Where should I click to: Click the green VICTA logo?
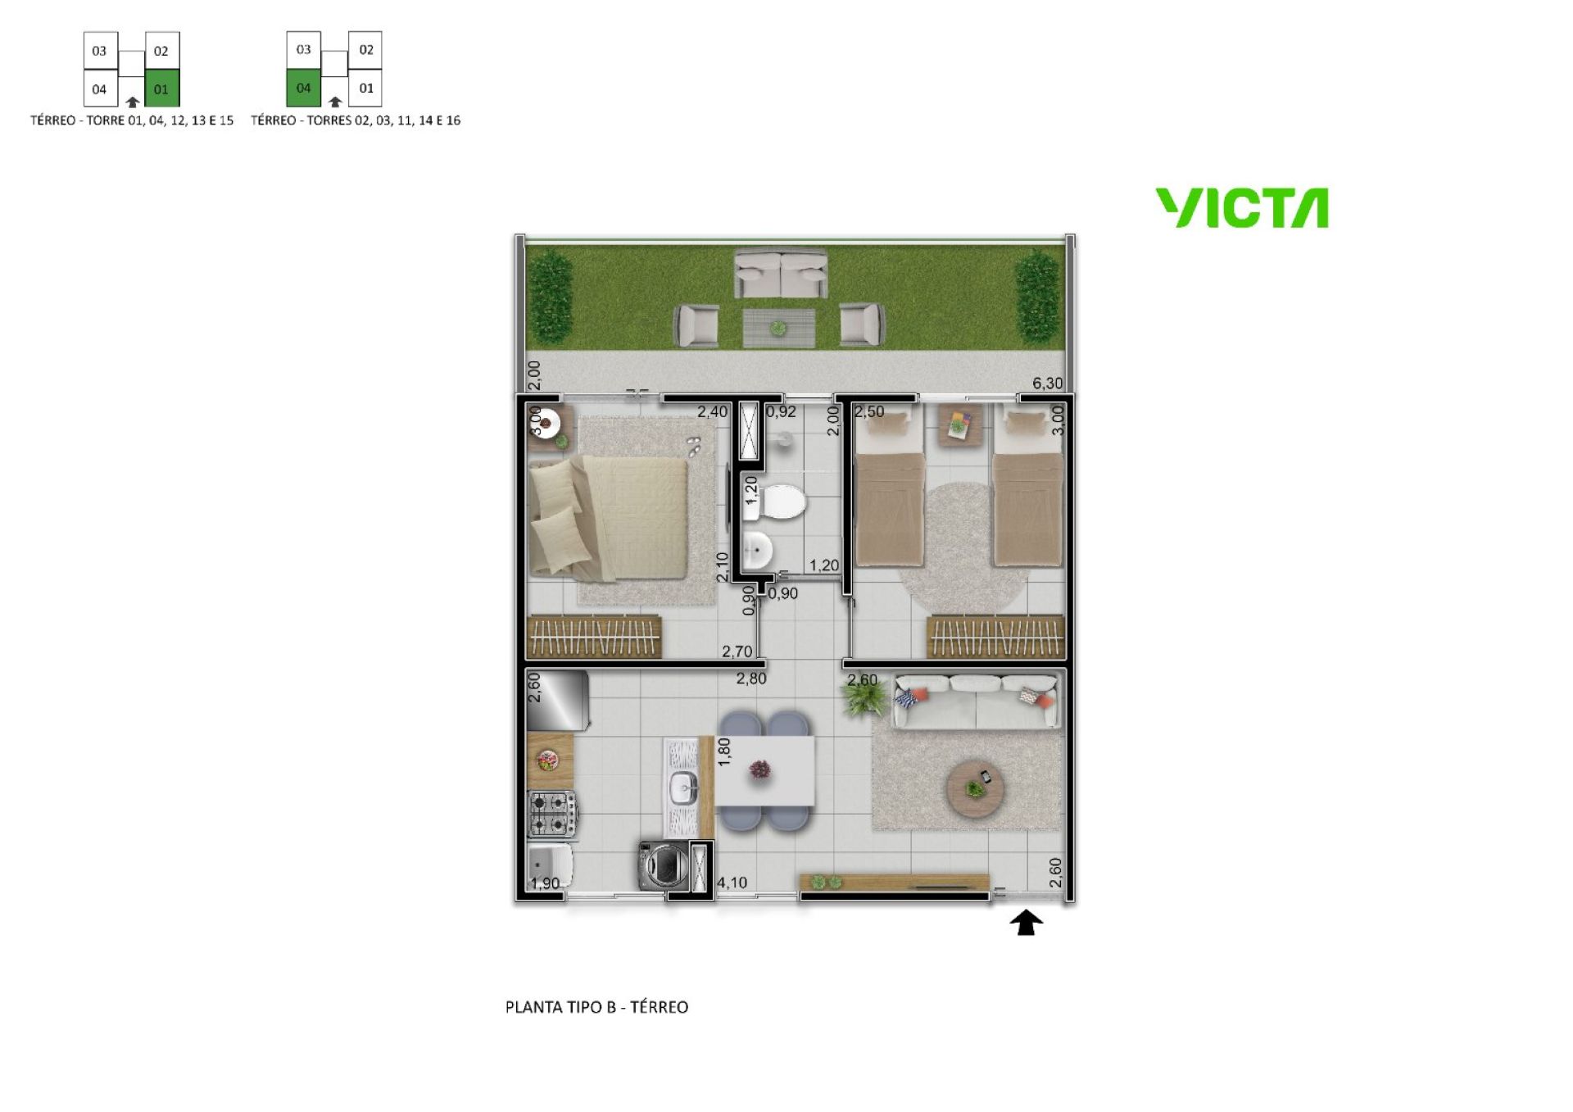pos(1242,208)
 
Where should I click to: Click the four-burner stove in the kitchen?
pos(552,814)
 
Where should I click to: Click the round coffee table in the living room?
pos(975,789)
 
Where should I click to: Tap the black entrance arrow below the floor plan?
pos(1026,923)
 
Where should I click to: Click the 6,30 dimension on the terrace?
pos(1047,384)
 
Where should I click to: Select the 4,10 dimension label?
pos(732,883)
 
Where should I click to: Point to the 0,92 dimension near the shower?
pos(781,412)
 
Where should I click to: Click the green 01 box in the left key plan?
pos(161,89)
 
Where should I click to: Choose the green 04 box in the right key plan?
pos(303,88)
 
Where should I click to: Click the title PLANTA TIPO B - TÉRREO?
pos(596,1007)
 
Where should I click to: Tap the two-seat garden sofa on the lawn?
pos(780,275)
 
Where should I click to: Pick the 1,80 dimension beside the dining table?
pos(723,751)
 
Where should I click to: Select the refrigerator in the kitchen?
pos(558,701)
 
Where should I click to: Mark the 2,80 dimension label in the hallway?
pos(751,679)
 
